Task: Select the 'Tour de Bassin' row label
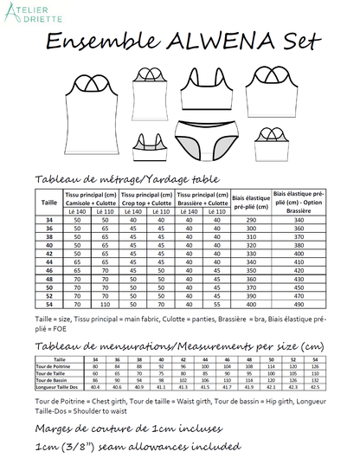point(53,379)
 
